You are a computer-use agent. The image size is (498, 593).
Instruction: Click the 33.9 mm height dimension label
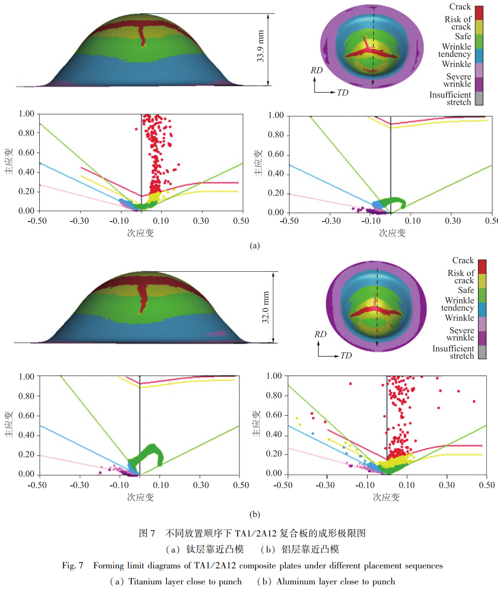tap(260, 46)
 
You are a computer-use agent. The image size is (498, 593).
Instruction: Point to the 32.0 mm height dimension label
tap(265, 307)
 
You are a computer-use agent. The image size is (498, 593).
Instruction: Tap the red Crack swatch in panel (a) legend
tap(479, 13)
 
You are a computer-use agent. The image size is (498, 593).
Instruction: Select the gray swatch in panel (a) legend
tap(479, 98)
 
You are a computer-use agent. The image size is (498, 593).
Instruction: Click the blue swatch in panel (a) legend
tap(479, 56)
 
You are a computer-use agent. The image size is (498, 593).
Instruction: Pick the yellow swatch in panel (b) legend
tap(482, 281)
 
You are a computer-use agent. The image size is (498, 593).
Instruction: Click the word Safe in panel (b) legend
tap(466, 290)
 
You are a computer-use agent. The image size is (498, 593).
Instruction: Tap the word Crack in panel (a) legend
tap(460, 7)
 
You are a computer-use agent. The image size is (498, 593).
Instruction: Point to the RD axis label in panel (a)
tap(316, 70)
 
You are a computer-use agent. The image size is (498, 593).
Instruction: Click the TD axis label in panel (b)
tap(346, 356)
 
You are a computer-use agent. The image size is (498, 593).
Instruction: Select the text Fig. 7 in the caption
tap(73, 566)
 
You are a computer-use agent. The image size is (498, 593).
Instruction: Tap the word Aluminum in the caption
tap(295, 582)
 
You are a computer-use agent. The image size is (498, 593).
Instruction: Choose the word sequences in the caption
tap(424, 566)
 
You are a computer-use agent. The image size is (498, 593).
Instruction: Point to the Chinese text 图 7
tap(147, 533)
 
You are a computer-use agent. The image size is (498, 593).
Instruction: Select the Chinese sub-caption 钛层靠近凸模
tap(215, 549)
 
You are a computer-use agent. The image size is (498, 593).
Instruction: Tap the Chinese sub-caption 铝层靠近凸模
tap(310, 549)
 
